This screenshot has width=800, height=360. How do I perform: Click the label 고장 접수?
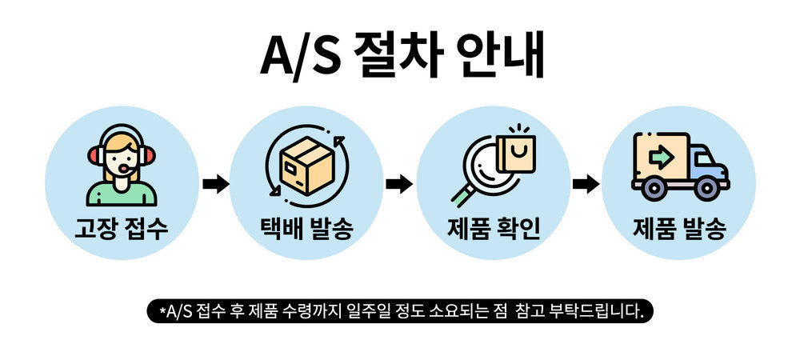(x=122, y=230)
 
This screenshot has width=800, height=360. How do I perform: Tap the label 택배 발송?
(x=306, y=230)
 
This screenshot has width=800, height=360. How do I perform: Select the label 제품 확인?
(x=494, y=230)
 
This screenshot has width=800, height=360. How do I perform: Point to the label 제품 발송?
(x=679, y=230)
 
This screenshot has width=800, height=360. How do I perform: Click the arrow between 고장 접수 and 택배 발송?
(x=216, y=184)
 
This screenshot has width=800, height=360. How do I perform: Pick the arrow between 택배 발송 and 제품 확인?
(x=399, y=184)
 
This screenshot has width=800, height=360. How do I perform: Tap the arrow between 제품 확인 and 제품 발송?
(x=586, y=184)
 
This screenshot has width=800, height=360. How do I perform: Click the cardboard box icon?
(x=306, y=166)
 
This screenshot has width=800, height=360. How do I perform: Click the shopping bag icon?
(x=516, y=153)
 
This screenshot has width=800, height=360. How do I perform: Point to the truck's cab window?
(x=706, y=160)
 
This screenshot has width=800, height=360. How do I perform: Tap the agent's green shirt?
(x=122, y=194)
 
